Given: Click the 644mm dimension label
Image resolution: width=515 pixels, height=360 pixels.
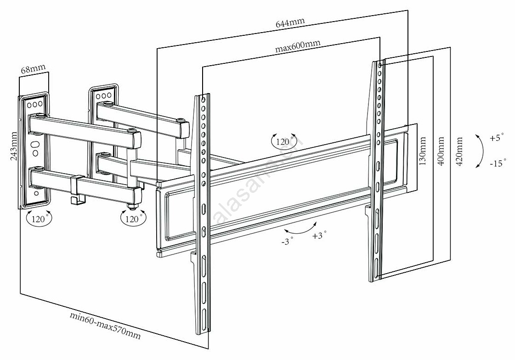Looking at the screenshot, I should (x=290, y=22).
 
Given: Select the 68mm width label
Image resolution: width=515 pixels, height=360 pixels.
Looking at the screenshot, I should (x=33, y=70).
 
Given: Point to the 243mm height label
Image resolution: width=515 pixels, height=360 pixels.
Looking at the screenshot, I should (x=14, y=146).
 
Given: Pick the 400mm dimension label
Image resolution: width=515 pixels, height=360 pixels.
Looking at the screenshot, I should (x=441, y=151).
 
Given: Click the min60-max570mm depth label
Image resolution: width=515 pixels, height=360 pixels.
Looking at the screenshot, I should (x=105, y=326).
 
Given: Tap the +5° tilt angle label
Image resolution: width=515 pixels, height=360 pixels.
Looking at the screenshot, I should (x=496, y=137).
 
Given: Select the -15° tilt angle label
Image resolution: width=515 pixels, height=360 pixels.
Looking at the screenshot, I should (x=498, y=162).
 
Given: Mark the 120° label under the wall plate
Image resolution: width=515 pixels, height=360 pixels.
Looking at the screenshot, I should (x=39, y=219).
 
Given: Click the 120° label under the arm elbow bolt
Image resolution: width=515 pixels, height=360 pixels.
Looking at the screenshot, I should (x=132, y=219).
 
